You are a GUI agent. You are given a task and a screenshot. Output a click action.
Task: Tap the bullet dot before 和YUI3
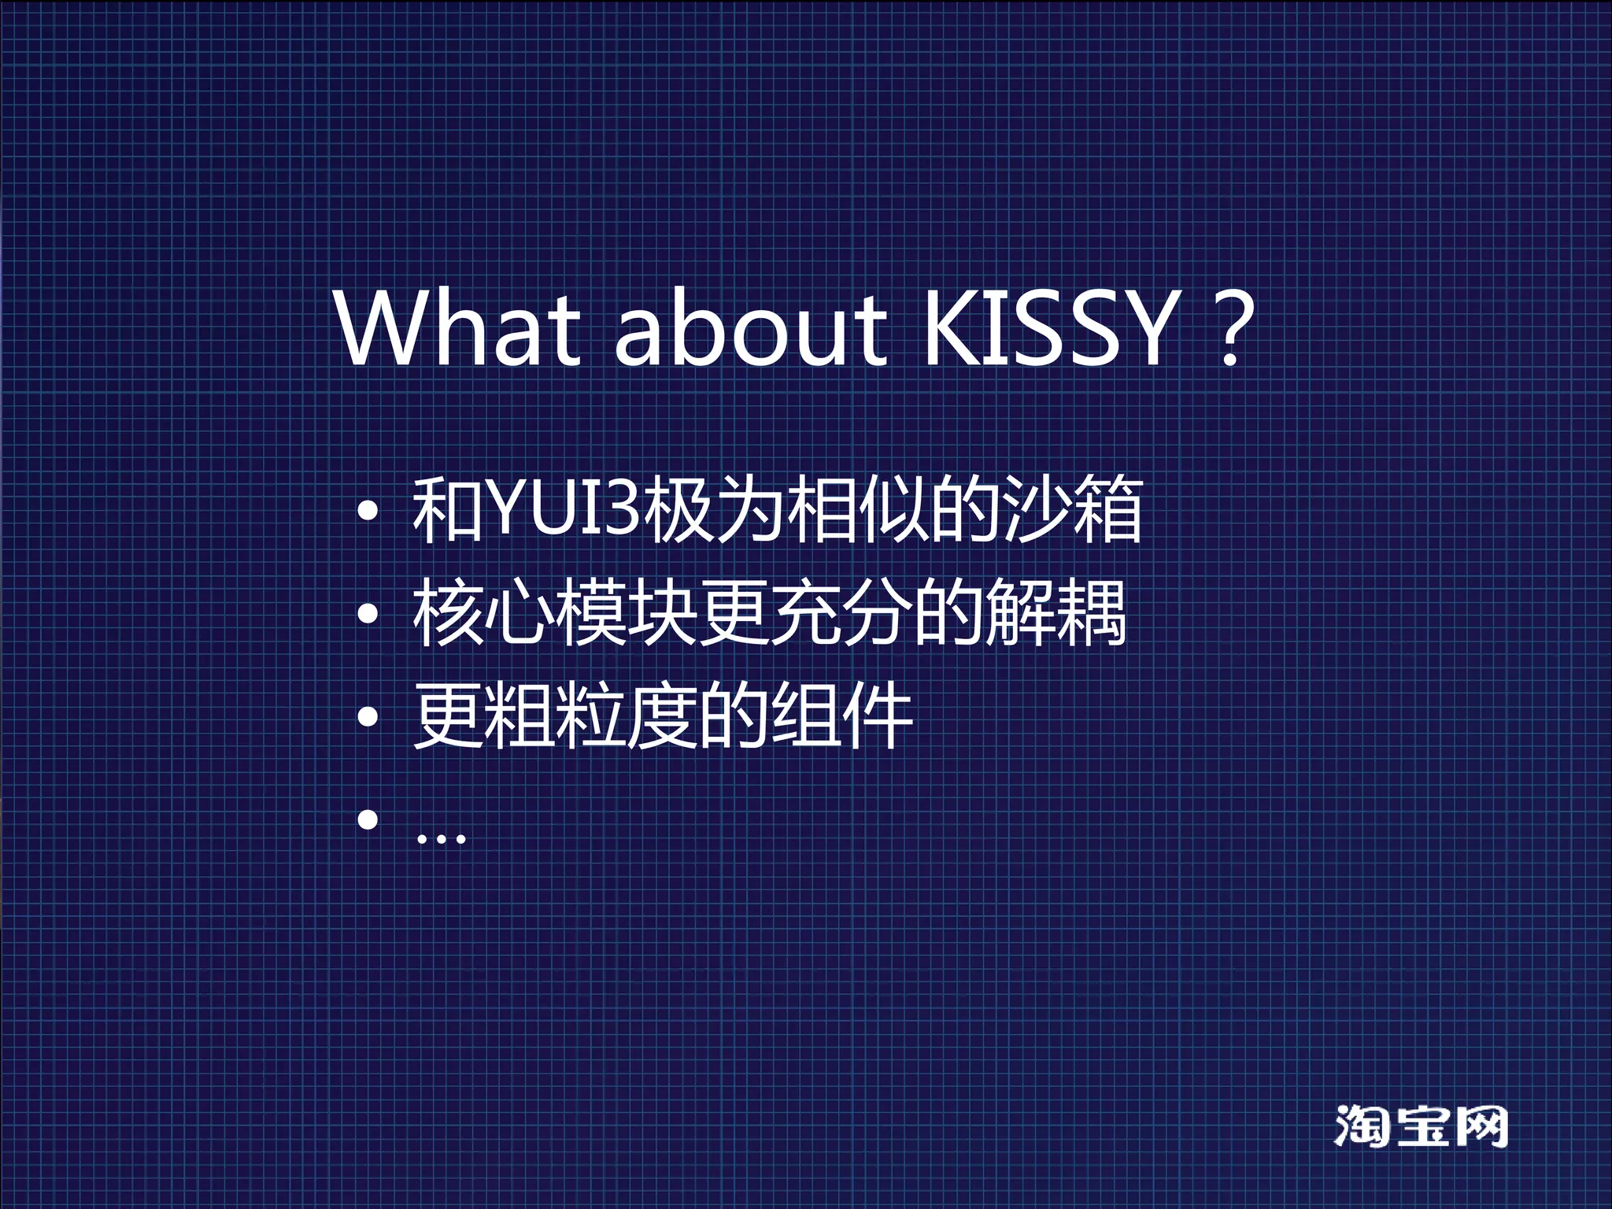[368, 512]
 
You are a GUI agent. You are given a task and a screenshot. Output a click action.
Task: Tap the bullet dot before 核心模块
[368, 615]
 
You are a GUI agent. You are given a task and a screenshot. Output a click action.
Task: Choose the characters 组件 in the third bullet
[841, 715]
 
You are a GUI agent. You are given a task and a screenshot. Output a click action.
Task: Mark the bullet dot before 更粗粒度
[368, 717]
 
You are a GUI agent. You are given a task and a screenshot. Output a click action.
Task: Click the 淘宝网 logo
[1421, 1126]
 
